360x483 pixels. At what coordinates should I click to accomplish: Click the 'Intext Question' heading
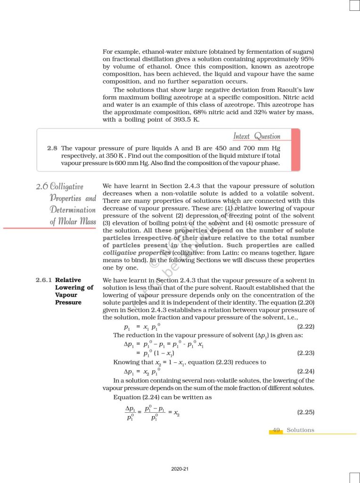pos(257,136)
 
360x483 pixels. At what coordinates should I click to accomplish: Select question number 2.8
pos(52,148)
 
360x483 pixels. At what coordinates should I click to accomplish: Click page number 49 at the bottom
pos(276,430)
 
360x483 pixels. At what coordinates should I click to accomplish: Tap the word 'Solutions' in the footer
pos(300,430)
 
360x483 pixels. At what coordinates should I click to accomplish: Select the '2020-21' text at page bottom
pos(180,469)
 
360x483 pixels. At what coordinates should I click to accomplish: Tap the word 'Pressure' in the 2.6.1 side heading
pos(68,302)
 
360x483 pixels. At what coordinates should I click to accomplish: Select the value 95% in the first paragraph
pos(307,58)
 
